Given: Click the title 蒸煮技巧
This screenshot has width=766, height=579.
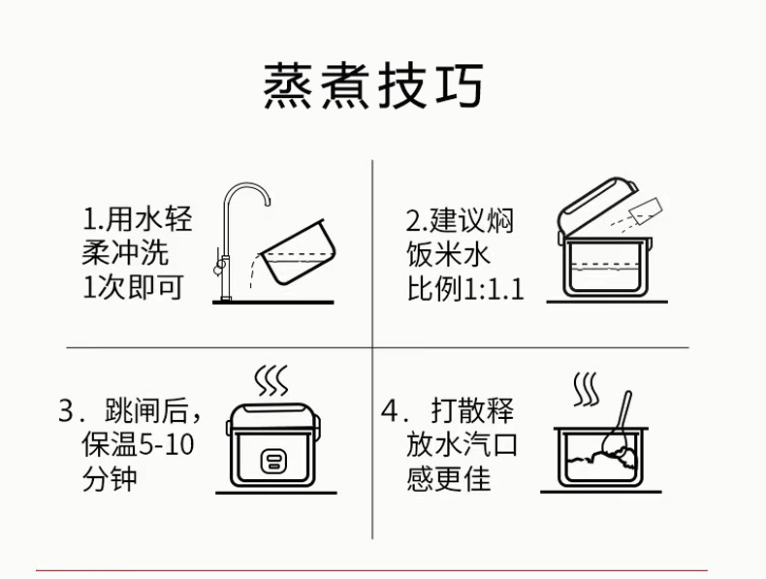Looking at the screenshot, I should pos(373,87).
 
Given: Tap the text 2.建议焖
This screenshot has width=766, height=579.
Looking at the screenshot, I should pos(460,219).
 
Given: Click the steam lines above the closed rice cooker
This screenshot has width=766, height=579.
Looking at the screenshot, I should pos(271,379).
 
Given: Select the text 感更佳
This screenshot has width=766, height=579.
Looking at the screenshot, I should pos(448,479).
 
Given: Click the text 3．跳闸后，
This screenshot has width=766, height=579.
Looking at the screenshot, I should pos(130,411).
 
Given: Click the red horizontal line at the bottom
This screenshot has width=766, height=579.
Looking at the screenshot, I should pos(373,571).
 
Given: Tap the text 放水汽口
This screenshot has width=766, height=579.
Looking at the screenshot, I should pos(463,445).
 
